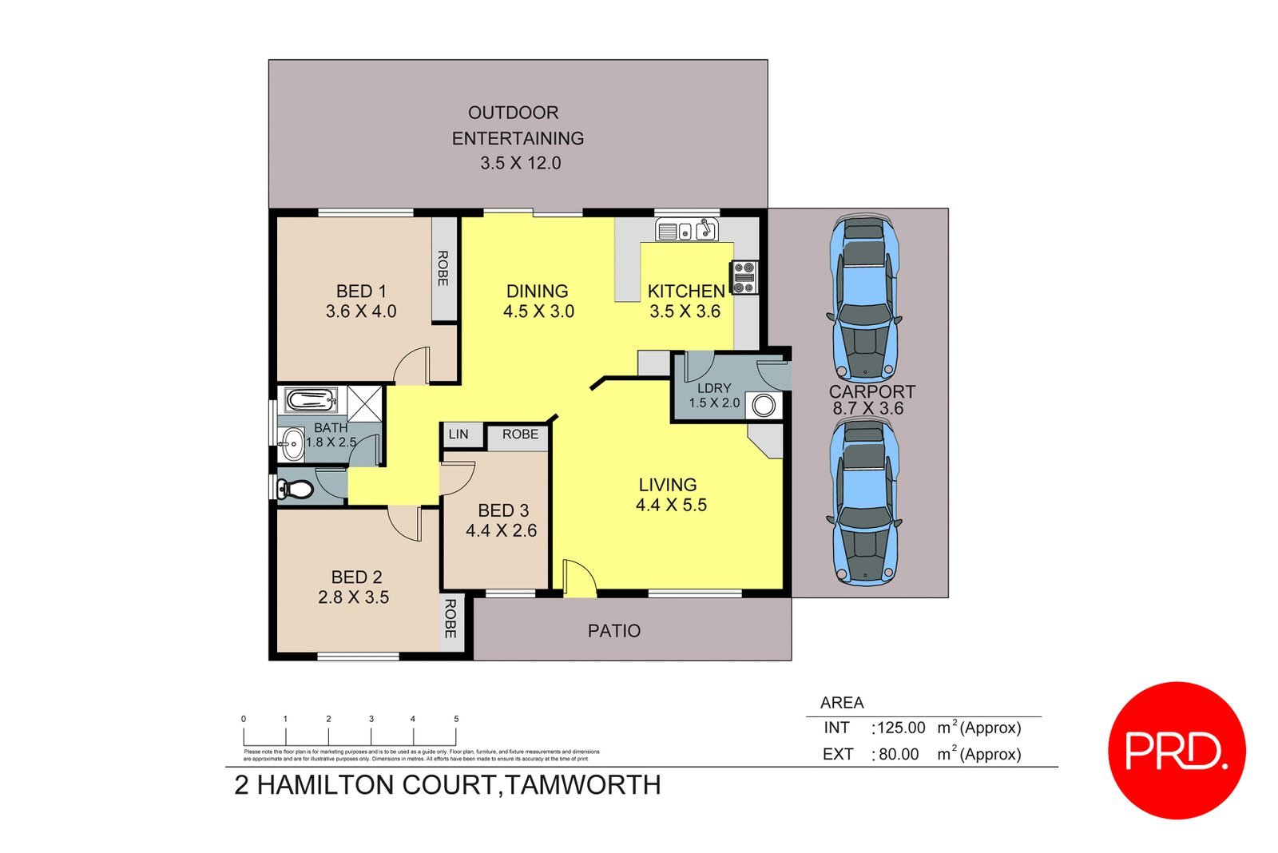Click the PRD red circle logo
pos(1177,750)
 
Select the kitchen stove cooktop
pos(744,277)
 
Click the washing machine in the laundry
pos(764,406)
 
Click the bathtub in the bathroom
pos(312,400)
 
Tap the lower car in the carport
pos(864,502)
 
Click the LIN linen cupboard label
pos(458,434)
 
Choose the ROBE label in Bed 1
pos(443,268)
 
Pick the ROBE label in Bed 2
pos(450,618)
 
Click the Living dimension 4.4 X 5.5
pos(671,505)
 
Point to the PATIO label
pos(613,631)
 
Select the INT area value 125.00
pos(901,728)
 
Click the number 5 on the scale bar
pos(456,719)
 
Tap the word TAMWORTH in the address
pos(583,785)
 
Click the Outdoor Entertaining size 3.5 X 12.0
pos(521,163)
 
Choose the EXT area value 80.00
pos(899,754)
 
